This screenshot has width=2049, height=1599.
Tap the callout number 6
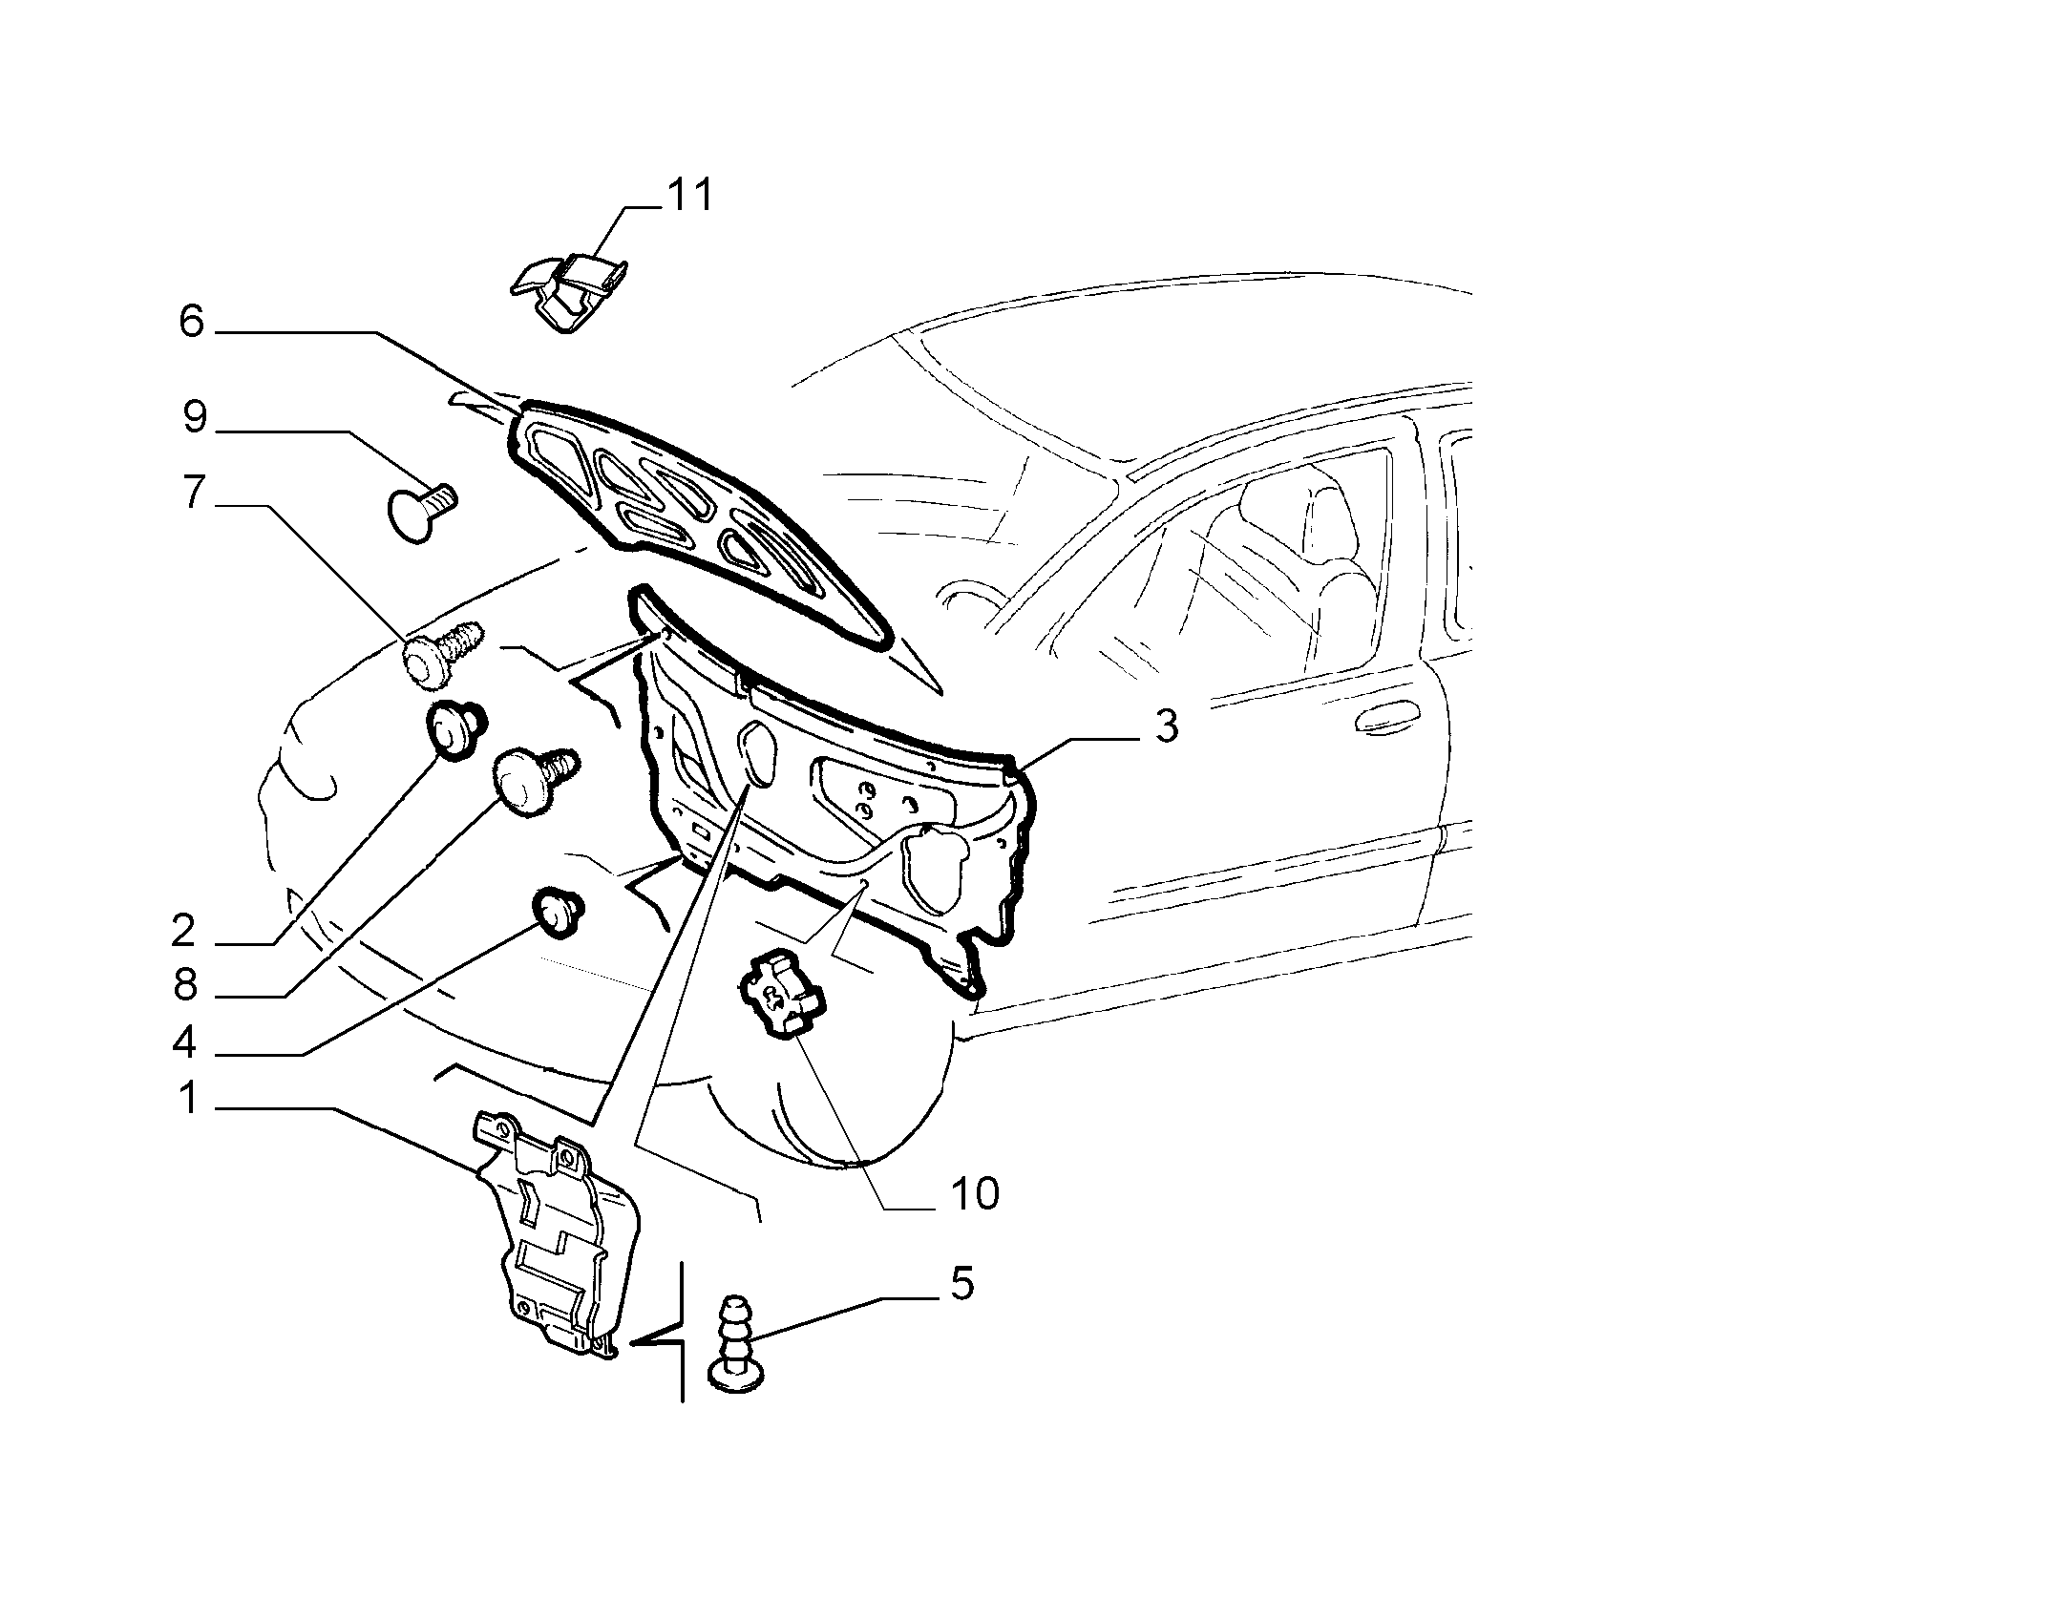point(191,322)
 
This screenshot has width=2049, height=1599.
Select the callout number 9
point(195,417)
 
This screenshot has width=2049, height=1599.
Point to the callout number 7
point(194,493)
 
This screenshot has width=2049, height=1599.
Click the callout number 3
point(1167,726)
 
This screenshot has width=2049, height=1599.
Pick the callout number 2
point(183,930)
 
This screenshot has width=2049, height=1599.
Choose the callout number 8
point(185,985)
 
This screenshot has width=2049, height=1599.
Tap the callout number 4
point(184,1042)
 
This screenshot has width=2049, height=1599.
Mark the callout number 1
point(190,1098)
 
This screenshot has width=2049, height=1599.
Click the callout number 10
point(975,1193)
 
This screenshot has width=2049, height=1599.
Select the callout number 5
point(961,1284)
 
